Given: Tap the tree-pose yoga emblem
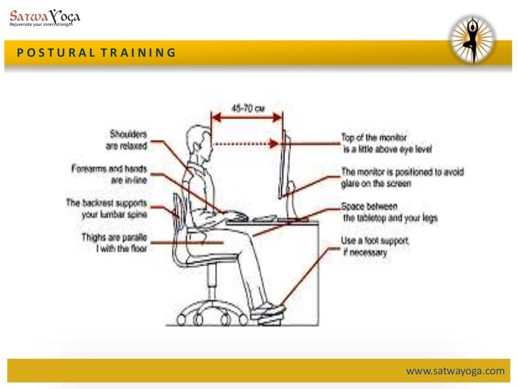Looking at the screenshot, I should pos(472,40).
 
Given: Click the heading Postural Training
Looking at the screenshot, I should pos(96,53).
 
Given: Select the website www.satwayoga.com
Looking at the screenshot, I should pos(455,371).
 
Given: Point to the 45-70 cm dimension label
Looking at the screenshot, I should pos(245,108).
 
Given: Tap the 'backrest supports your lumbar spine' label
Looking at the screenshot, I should pos(107,209).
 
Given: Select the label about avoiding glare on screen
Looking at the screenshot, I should pos(402,177).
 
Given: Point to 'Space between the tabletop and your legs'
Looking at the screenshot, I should pos(389,212).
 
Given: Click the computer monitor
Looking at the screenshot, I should pos(284,167).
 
